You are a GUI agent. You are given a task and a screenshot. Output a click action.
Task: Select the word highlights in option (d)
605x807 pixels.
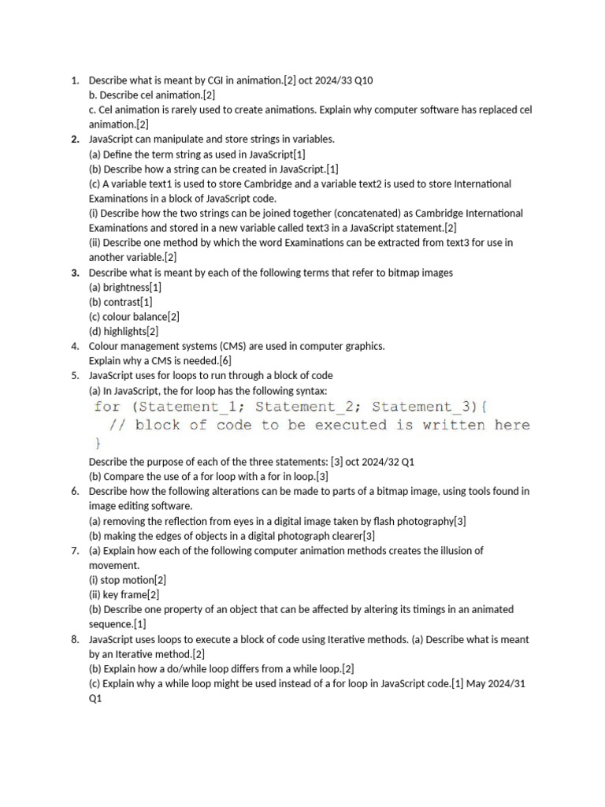coord(124,331)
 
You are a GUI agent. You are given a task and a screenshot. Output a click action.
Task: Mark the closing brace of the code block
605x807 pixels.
coord(98,443)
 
